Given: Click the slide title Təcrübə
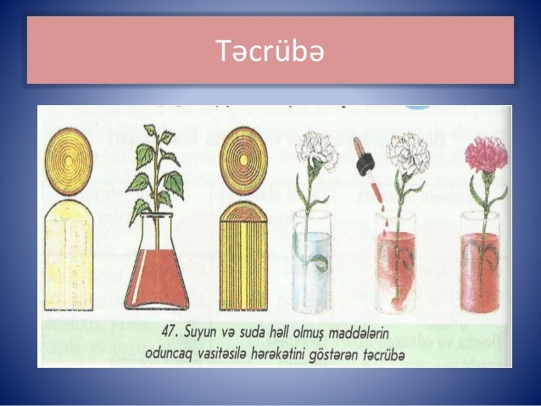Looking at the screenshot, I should [270, 53].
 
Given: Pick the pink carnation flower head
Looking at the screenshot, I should [486, 156].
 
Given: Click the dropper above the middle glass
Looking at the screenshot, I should [366, 161].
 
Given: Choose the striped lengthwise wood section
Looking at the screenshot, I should [243, 254].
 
